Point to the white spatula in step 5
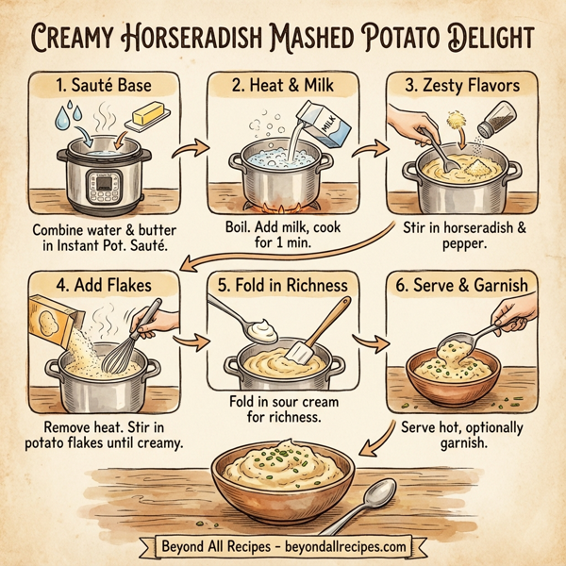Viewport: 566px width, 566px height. coord(300,350)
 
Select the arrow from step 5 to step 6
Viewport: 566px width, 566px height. coord(373,341)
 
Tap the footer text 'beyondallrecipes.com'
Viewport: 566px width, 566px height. coord(352,545)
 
